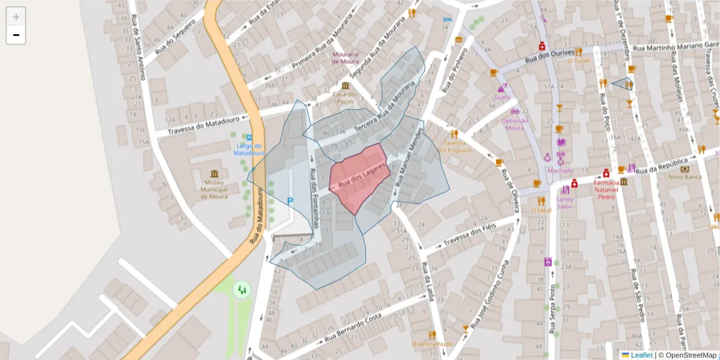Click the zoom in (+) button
pyautogui.click(x=16, y=17)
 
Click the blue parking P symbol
pyautogui.click(x=290, y=202)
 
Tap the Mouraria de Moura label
pyautogui.click(x=345, y=58)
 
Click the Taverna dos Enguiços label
pyautogui.click(x=455, y=146)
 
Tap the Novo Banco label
pyautogui.click(x=685, y=177)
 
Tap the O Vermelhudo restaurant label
pyautogui.click(x=432, y=344)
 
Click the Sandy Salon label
pyautogui.click(x=565, y=202)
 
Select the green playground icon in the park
pyautogui.click(x=242, y=290)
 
